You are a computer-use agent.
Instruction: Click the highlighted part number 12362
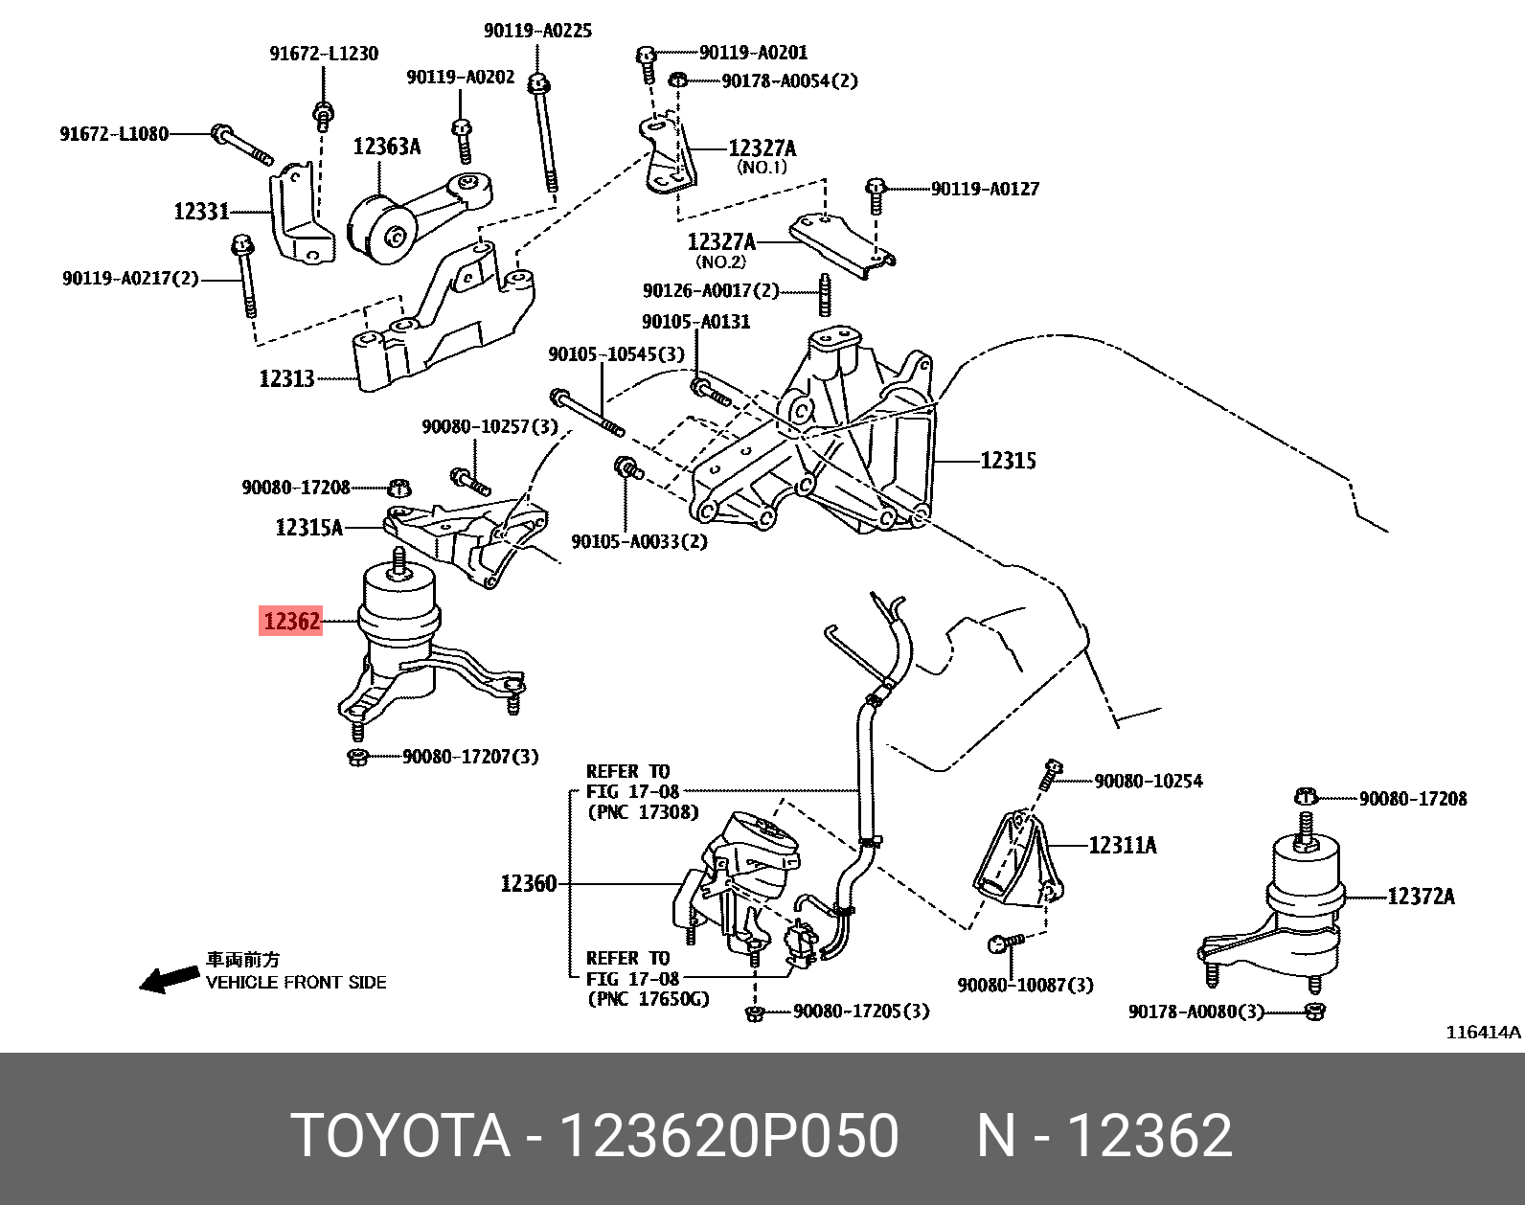[290, 622]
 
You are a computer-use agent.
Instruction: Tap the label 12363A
[386, 147]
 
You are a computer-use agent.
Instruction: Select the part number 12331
[201, 211]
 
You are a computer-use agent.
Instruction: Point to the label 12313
[286, 378]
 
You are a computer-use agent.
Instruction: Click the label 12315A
[308, 527]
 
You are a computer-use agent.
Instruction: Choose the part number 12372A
[1421, 897]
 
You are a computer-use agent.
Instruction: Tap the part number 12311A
[1122, 845]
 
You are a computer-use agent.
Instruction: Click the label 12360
[528, 883]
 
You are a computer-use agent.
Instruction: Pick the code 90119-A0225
[536, 31]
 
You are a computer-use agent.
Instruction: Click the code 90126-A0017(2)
[711, 290]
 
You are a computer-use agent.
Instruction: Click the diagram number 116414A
[1482, 1032]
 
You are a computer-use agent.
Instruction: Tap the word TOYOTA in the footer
[400, 1136]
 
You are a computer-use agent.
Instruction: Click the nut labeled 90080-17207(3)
[357, 758]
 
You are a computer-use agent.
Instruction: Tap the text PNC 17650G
[648, 998]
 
